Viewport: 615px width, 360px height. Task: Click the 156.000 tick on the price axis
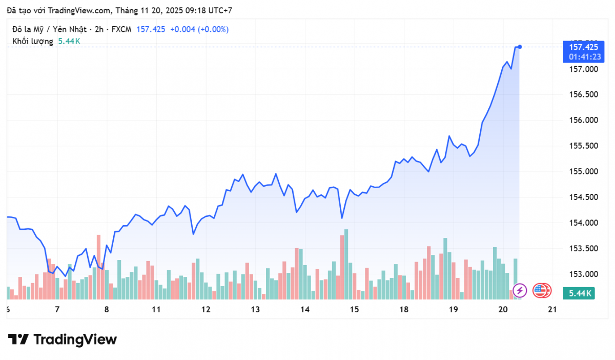tap(581, 120)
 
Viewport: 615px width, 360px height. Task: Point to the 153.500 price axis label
tap(581, 248)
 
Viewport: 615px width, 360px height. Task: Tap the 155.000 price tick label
tap(581, 171)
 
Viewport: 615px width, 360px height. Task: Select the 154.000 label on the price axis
tap(581, 223)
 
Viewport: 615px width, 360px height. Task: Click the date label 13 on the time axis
tap(255, 309)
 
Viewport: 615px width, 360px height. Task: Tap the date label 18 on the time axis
tap(404, 309)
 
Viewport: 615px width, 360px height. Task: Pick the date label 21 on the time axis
tap(552, 309)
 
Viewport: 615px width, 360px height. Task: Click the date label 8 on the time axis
tap(107, 309)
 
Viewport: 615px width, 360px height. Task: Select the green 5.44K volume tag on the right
tap(580, 293)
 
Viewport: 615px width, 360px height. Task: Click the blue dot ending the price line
tap(520, 47)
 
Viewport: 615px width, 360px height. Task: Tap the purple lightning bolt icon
tap(520, 291)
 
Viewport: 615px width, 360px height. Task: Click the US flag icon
tap(541, 291)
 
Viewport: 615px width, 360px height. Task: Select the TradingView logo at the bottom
tap(63, 339)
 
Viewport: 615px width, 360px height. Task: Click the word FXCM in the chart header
tap(121, 29)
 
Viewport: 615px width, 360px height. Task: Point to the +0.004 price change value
tap(182, 29)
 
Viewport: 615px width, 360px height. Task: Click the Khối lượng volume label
tap(33, 41)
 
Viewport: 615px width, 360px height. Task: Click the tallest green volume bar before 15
tap(346, 264)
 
